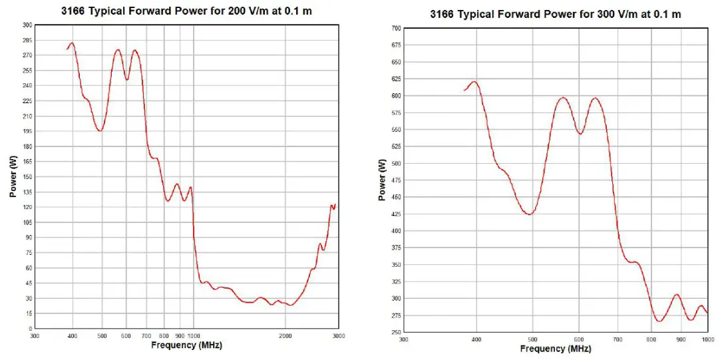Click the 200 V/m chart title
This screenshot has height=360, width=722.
186,11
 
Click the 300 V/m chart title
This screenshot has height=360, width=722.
555,14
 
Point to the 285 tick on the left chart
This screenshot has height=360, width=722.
27,40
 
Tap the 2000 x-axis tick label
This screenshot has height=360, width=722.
285,336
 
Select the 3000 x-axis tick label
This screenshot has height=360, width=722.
339,336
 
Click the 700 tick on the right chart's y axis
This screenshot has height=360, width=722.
397,29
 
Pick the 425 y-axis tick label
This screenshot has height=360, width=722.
397,214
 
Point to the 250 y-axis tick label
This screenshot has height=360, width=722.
397,333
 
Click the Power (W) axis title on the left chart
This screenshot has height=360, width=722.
13,177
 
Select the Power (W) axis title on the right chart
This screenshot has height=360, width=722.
382,180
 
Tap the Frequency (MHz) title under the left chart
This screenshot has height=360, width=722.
186,345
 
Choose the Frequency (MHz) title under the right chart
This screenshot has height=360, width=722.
555,349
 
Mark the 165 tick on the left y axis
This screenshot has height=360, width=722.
27,162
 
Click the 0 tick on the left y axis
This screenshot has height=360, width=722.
30,329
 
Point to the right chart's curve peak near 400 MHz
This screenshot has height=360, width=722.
474,82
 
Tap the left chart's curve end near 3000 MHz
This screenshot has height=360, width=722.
335,205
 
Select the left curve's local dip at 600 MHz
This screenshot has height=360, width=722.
126,80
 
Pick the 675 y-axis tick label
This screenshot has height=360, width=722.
397,45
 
